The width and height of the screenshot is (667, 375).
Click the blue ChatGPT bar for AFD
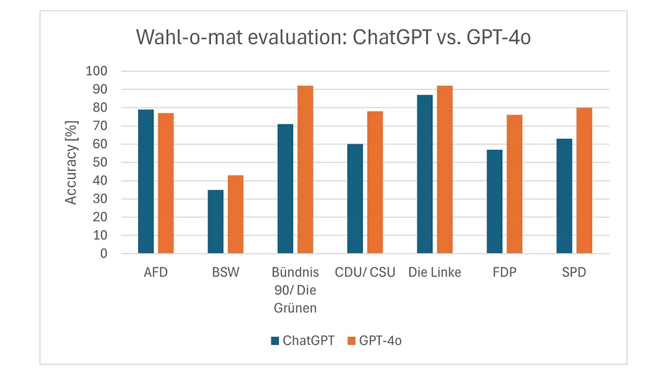pyautogui.click(x=146, y=181)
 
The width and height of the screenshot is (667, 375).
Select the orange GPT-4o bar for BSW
pyautogui.click(x=235, y=214)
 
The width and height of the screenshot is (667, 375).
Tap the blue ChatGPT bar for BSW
pyautogui.click(x=215, y=221)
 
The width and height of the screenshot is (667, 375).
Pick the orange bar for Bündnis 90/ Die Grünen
pyautogui.click(x=305, y=169)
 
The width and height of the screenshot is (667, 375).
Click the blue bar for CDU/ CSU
pyautogui.click(x=355, y=199)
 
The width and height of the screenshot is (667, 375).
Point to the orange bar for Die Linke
pyautogui.click(x=444, y=169)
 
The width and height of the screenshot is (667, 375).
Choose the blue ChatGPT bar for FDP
pyautogui.click(x=494, y=201)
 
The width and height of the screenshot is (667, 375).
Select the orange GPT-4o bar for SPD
pyautogui.click(x=584, y=180)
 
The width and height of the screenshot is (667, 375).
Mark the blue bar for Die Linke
pyautogui.click(x=425, y=174)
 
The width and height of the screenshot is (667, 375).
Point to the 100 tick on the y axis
pyautogui.click(x=97, y=71)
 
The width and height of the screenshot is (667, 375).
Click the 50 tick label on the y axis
pyautogui.click(x=101, y=163)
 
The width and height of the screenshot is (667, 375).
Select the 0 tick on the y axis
pyautogui.click(x=104, y=254)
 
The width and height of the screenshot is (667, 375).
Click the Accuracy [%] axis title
pyautogui.click(x=71, y=162)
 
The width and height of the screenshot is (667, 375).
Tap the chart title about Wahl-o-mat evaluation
pyautogui.click(x=333, y=37)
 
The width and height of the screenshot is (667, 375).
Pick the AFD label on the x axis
pyautogui.click(x=155, y=273)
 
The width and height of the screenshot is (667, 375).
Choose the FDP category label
pyautogui.click(x=504, y=273)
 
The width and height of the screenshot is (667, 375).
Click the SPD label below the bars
pyautogui.click(x=574, y=273)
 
